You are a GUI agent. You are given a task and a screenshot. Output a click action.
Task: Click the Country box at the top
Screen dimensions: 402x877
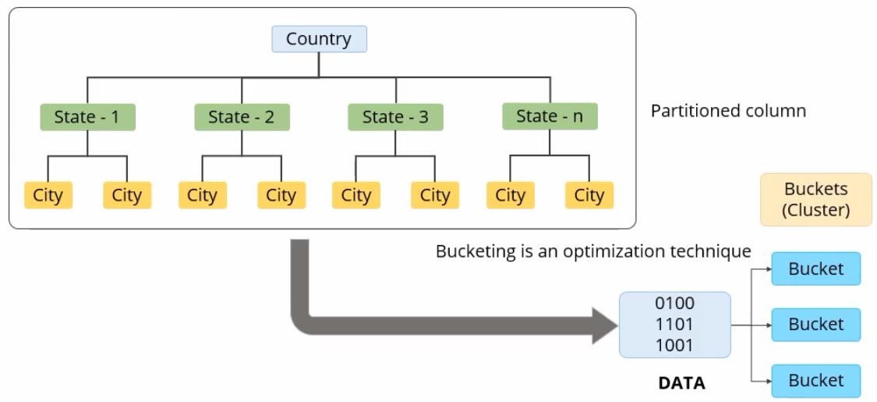coord(319,39)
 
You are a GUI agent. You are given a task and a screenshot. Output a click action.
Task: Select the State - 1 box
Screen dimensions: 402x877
coord(87,117)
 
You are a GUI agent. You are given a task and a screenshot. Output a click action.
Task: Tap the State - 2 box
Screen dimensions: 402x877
coord(242,117)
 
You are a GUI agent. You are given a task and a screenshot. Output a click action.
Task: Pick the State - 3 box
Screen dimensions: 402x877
coord(395,117)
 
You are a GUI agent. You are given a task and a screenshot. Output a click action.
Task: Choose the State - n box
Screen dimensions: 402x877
coord(550,116)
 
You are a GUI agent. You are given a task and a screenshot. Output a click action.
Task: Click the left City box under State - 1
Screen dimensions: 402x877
coord(48,195)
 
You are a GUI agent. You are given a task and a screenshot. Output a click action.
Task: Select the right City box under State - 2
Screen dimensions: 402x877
coord(281,195)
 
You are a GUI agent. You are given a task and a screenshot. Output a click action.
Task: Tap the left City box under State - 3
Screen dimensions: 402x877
coord(356,195)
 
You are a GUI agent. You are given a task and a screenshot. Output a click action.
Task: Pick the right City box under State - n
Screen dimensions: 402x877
coord(589,195)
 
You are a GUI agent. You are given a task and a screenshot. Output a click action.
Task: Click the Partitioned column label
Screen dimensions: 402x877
coord(728,111)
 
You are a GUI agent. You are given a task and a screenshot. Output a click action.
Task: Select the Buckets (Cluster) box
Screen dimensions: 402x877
coord(815,200)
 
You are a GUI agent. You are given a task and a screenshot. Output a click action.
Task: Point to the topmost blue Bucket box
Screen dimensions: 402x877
coord(815,269)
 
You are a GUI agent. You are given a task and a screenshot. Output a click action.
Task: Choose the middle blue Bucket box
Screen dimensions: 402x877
coord(815,324)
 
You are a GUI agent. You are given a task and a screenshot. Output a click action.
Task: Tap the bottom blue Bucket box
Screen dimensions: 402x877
coord(815,381)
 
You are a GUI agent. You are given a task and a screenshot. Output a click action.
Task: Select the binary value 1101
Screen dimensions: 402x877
coord(675,323)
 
